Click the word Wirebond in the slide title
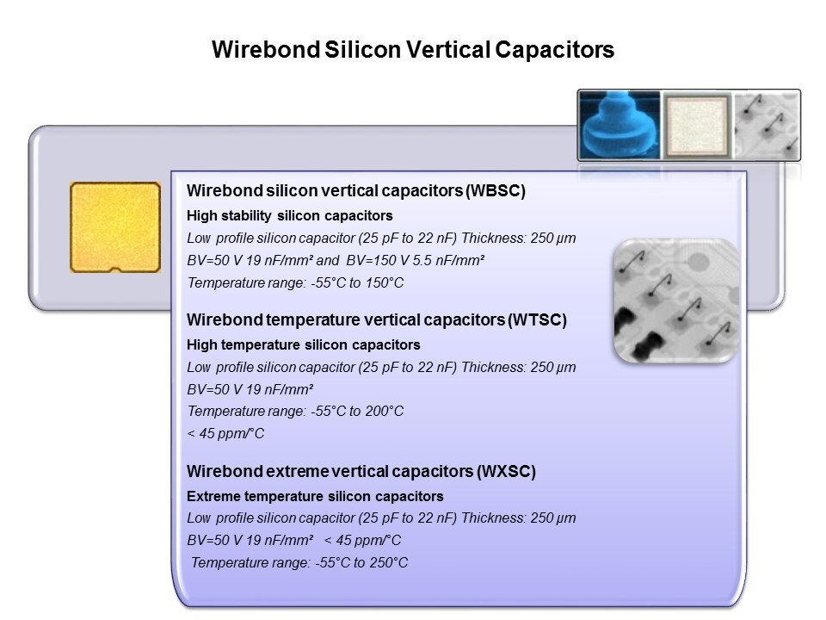click(x=266, y=50)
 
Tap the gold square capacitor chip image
click(x=115, y=227)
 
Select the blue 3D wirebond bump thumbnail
click(x=619, y=125)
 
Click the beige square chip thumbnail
click(x=697, y=126)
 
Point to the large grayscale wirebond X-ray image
click(x=676, y=301)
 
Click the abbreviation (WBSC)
click(x=496, y=190)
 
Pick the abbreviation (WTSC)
click(x=537, y=319)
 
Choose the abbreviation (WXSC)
click(x=506, y=471)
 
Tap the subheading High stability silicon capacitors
click(x=290, y=215)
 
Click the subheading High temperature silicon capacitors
click(x=304, y=344)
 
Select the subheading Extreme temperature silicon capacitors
click(x=315, y=496)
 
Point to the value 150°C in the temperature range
click(x=385, y=282)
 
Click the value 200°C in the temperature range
click(x=385, y=411)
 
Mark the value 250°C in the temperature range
click(x=389, y=562)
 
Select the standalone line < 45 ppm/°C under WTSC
click(x=225, y=433)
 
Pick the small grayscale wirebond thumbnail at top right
click(x=767, y=126)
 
